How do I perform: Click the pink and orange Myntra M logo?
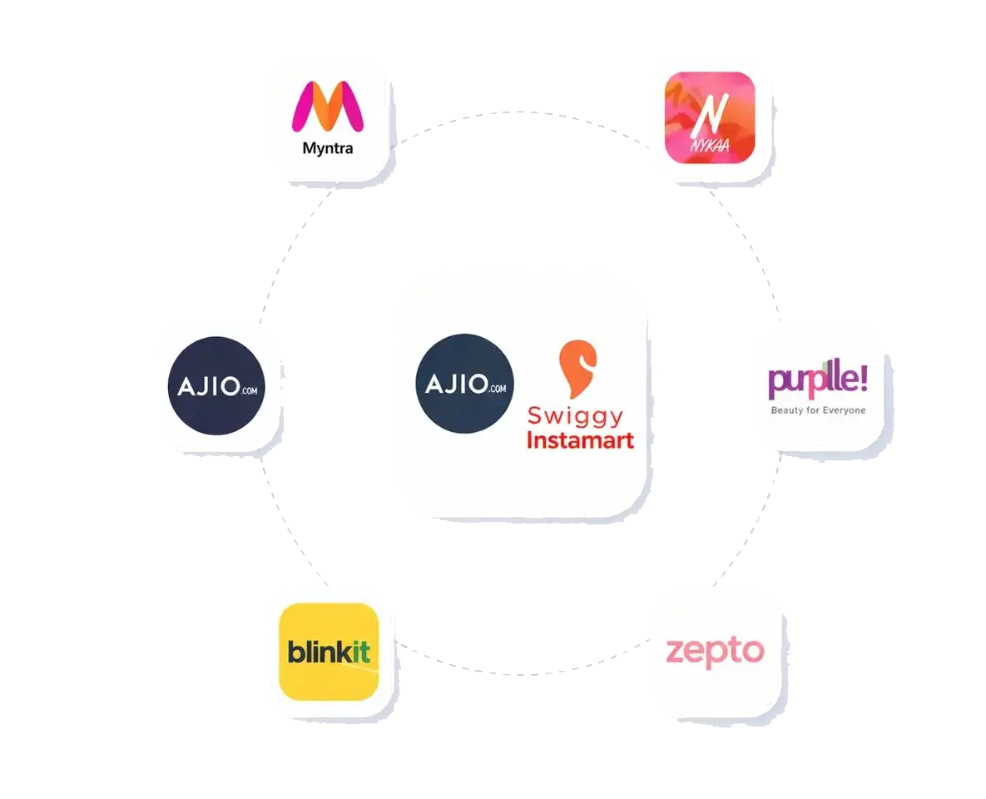(328, 107)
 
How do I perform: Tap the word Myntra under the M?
(328, 148)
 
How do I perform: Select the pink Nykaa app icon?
(709, 117)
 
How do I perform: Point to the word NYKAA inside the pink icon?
(710, 146)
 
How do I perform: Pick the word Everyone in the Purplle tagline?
(845, 410)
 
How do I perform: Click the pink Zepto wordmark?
(715, 652)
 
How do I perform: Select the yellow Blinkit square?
(329, 652)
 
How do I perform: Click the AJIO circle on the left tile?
(216, 385)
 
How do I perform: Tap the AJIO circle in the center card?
(464, 383)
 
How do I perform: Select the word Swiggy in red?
(576, 416)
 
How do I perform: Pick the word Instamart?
(580, 439)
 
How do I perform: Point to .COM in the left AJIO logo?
(249, 390)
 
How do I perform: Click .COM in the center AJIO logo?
(498, 388)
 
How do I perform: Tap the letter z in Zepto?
(675, 651)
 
